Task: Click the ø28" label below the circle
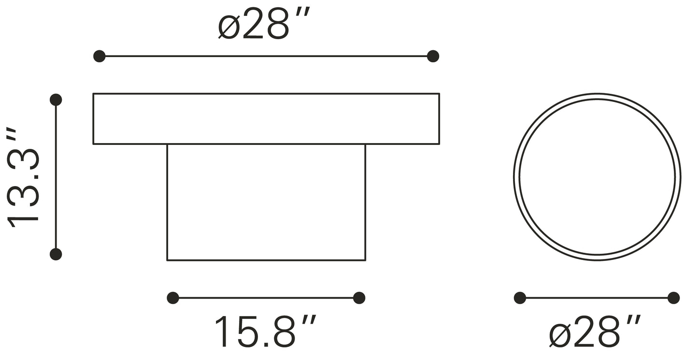(596, 332)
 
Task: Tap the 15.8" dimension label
(265, 332)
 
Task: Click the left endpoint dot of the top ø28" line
(99, 56)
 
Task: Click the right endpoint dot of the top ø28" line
(433, 56)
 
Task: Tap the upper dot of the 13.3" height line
(56, 100)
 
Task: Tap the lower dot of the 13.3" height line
(56, 254)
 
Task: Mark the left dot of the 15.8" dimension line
(173, 298)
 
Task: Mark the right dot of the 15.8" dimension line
(359, 298)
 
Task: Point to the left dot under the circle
(520, 298)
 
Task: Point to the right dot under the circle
(673, 298)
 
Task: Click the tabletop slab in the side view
(266, 119)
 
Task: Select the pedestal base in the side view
(266, 202)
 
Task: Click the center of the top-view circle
(597, 177)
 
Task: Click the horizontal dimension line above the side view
(266, 56)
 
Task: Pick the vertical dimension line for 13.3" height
(56, 177)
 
